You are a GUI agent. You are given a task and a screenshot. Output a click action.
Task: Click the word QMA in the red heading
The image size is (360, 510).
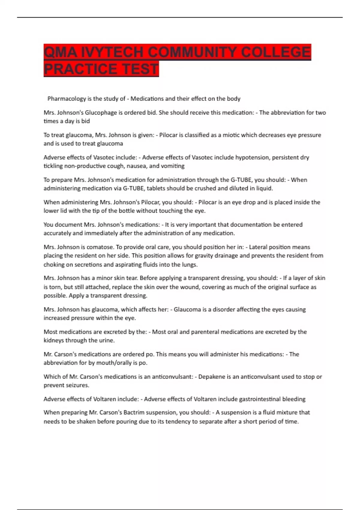click(61, 52)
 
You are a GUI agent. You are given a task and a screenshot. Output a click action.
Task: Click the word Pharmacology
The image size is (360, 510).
click(67, 99)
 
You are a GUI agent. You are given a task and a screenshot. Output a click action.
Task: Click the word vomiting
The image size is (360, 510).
click(173, 166)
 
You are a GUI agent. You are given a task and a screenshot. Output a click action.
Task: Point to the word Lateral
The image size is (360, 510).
click(258, 247)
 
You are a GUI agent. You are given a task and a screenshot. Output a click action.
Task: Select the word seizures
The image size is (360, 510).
click(77, 385)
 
